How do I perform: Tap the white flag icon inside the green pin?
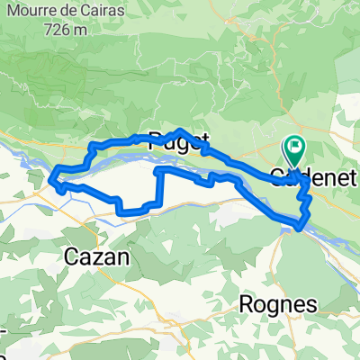coord(295,144)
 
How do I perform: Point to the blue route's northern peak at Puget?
coord(181,131)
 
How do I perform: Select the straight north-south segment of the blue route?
coord(161,187)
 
